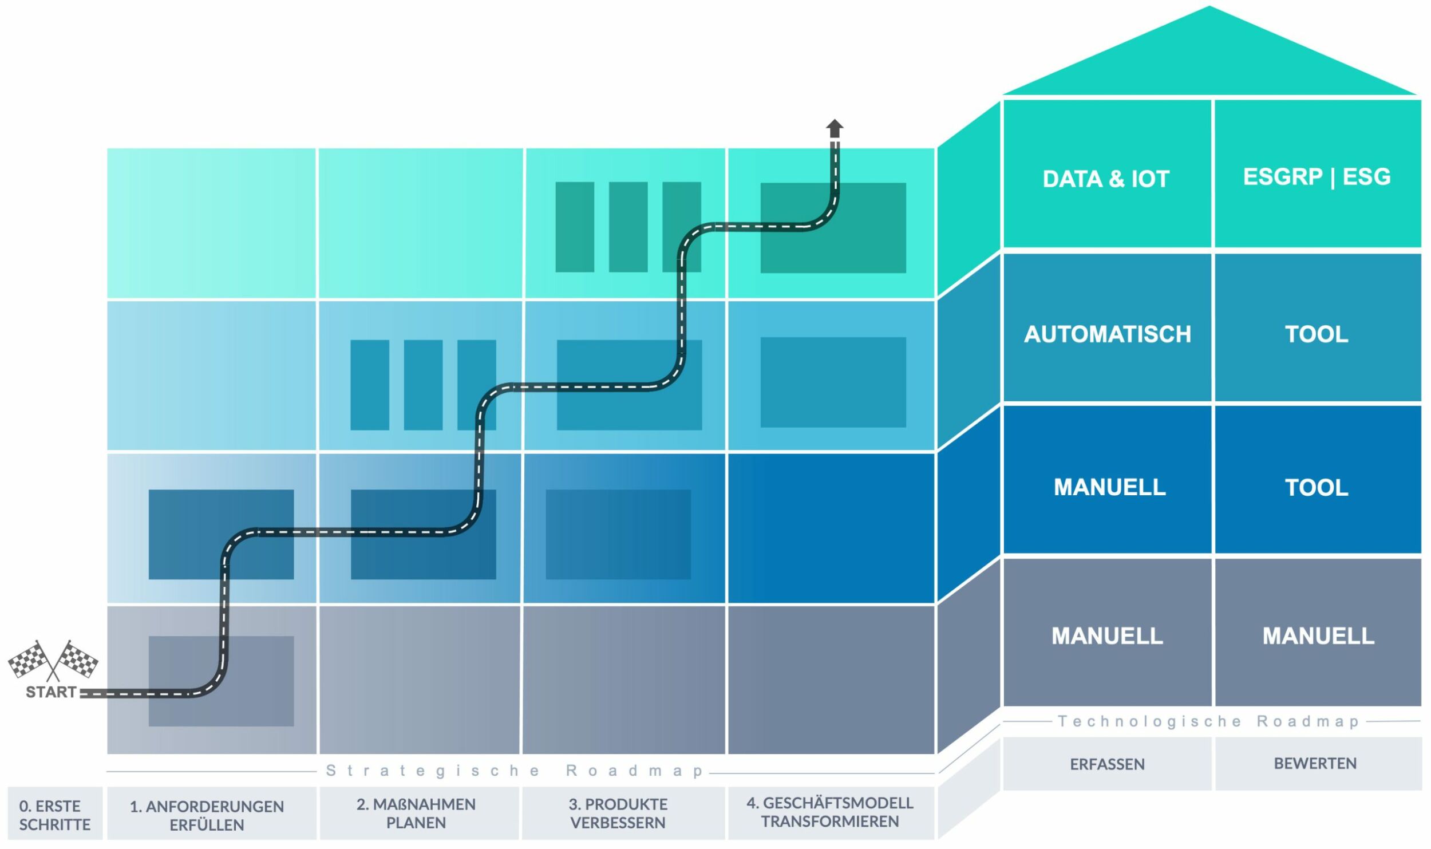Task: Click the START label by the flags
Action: [51, 692]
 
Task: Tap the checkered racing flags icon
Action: [53, 661]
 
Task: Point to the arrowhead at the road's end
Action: [835, 127]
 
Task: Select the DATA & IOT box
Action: [1106, 179]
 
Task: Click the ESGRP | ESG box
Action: [1317, 177]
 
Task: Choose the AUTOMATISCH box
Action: [1107, 334]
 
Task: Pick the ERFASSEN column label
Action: [1107, 764]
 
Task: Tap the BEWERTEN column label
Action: [1315, 764]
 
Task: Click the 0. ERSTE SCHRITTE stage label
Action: [55, 815]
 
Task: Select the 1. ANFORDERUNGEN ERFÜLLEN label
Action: [207, 816]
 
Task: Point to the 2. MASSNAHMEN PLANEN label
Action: [416, 814]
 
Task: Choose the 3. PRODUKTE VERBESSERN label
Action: [618, 814]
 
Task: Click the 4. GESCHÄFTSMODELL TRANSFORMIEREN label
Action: [830, 812]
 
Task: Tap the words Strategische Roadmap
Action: [515, 771]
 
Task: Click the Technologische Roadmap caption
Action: [1208, 721]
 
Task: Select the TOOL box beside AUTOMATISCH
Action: [1317, 334]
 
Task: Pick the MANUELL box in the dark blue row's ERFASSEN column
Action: [1109, 487]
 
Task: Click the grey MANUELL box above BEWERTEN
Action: [1318, 636]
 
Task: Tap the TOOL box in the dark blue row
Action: [1317, 488]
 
